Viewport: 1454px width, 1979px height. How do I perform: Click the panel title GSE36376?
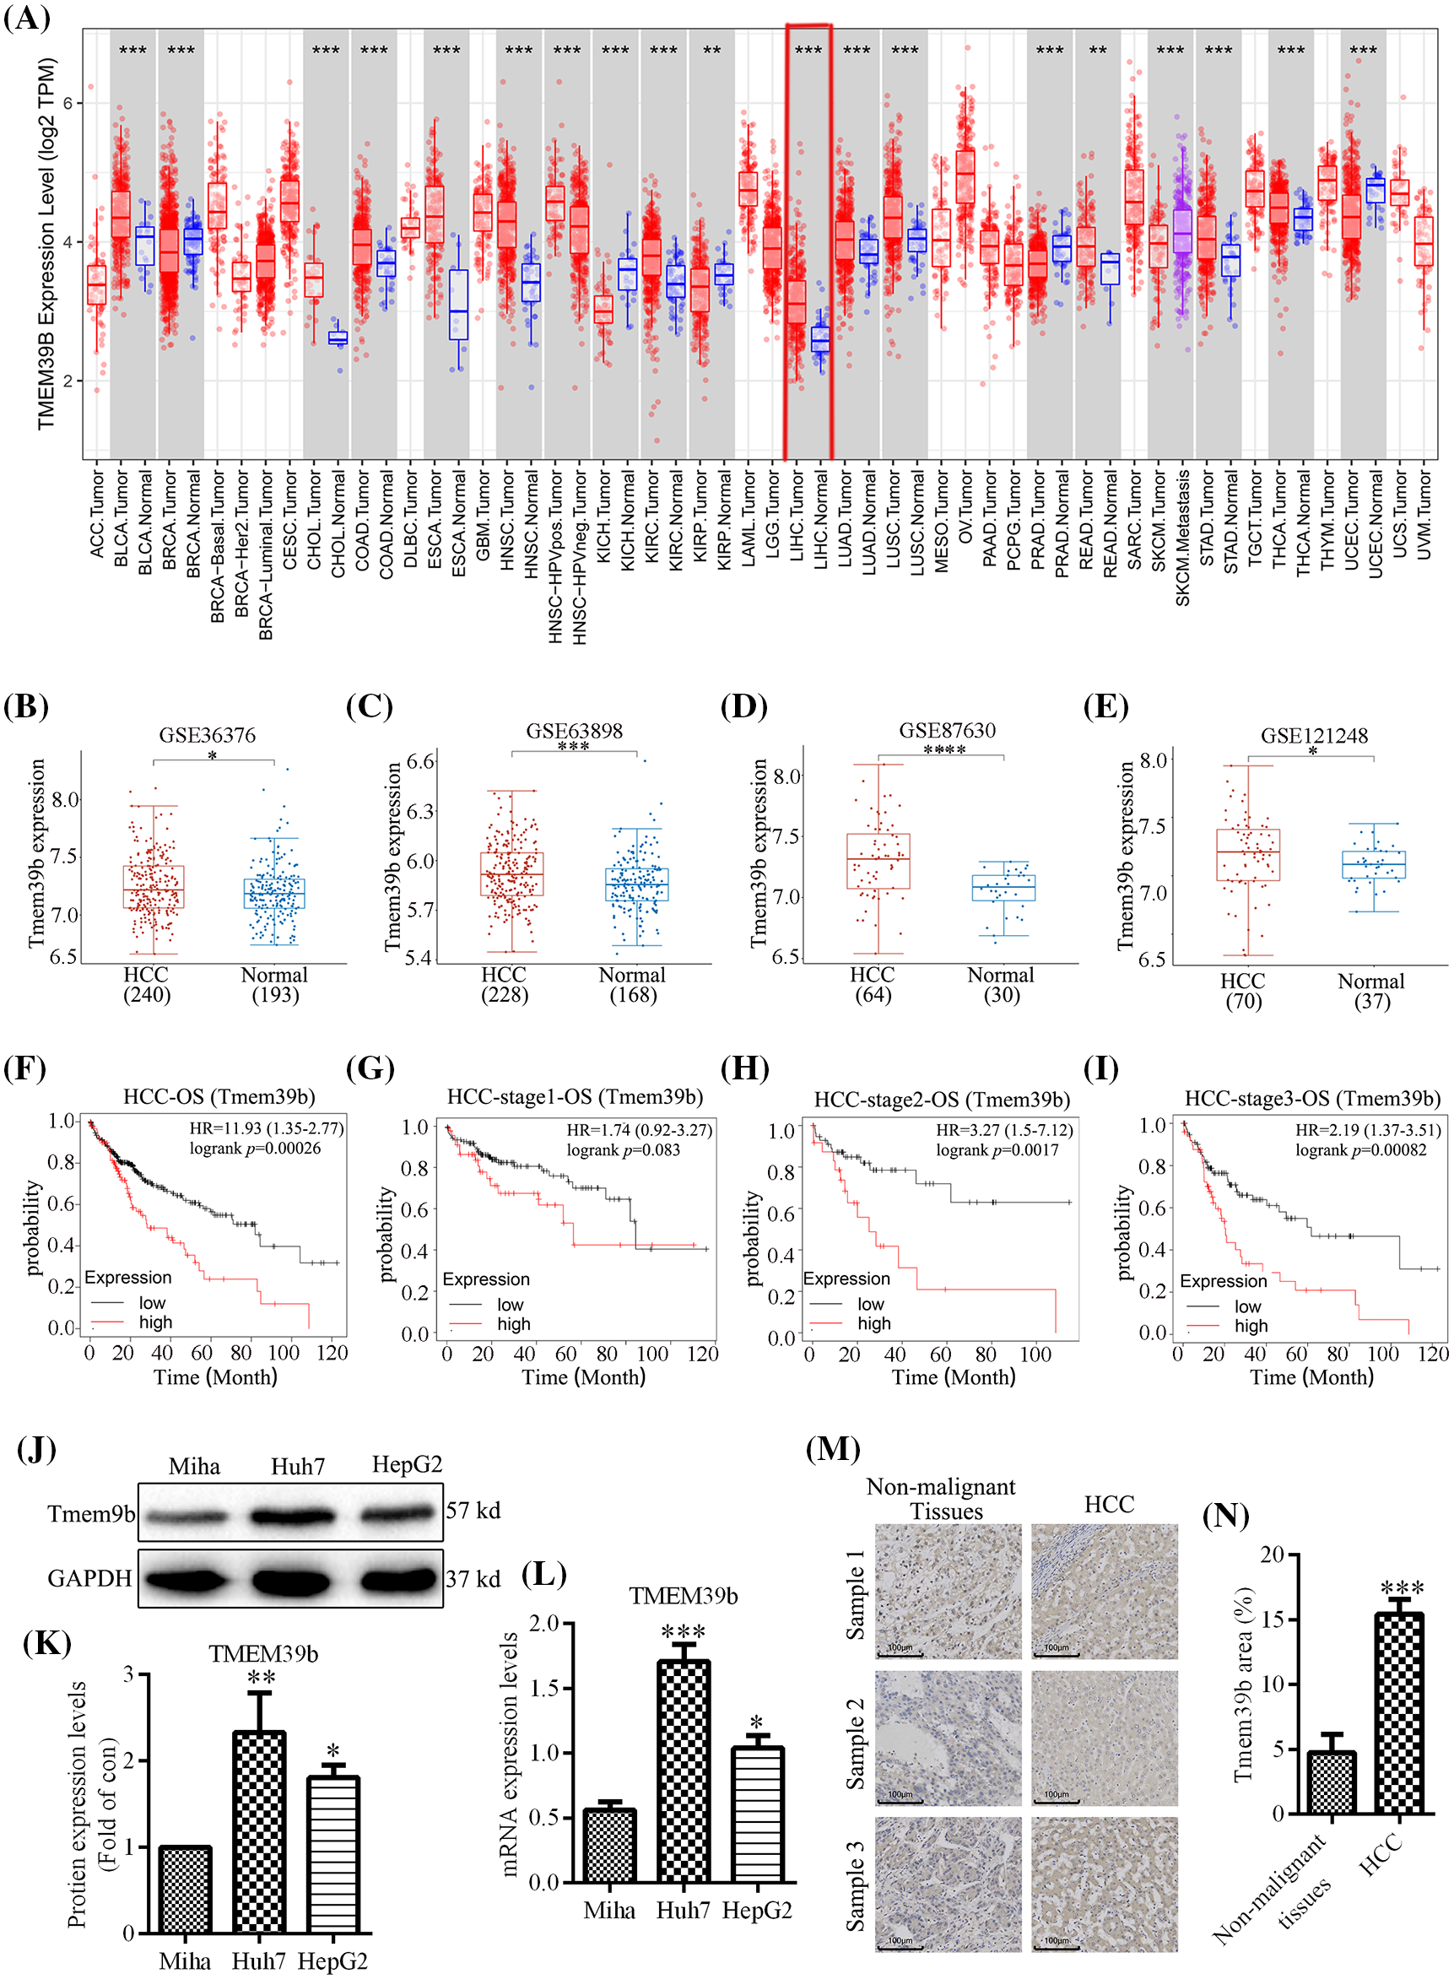coord(207,736)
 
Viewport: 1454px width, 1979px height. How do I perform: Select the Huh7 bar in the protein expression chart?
coord(259,1830)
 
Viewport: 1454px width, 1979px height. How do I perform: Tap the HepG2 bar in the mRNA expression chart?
coord(757,1814)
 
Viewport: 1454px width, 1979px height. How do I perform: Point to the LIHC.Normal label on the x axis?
coord(820,520)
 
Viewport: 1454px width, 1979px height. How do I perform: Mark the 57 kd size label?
coord(473,1510)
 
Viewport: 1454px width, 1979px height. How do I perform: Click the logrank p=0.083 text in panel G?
coord(623,1149)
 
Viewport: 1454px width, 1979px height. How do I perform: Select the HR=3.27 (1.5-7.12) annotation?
coord(1003,1130)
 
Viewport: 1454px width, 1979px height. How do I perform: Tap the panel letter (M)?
coord(833,1448)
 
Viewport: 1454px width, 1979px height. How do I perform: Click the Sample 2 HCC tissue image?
coord(1104,1738)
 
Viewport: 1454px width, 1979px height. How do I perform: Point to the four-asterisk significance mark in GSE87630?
coord(943,750)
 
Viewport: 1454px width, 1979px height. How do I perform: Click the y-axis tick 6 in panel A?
coord(68,103)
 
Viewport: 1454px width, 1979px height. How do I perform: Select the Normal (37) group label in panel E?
coord(1370,991)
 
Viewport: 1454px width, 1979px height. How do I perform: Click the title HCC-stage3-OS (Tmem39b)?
coord(1311,1098)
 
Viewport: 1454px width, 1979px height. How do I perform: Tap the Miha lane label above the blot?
coord(194,1467)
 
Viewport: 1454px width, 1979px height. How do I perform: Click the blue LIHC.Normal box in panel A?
coord(820,338)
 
